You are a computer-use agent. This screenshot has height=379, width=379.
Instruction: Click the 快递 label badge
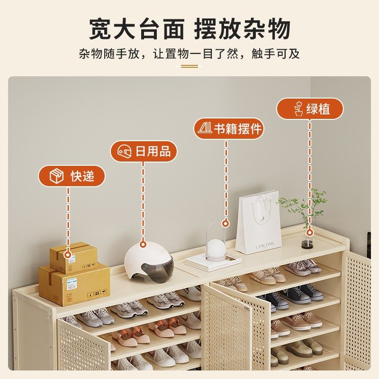tap(72, 176)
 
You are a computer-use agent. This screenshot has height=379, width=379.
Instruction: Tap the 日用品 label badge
tap(144, 152)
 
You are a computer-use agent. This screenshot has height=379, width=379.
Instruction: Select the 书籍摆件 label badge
tap(229, 128)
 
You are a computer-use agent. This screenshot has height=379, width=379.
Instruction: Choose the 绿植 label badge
tap(310, 108)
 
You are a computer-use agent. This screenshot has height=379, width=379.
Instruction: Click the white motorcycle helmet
tap(148, 261)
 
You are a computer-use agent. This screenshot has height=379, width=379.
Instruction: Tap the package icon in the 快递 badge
tap(57, 176)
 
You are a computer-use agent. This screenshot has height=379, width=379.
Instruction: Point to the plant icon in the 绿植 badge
tap(298, 108)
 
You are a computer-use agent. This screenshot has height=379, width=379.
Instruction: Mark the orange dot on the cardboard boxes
tap(68, 255)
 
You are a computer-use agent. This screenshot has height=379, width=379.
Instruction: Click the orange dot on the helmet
tap(143, 245)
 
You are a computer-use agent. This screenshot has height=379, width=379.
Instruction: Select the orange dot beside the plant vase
tap(310, 232)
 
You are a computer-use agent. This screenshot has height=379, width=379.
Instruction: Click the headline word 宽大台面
tap(137, 29)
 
